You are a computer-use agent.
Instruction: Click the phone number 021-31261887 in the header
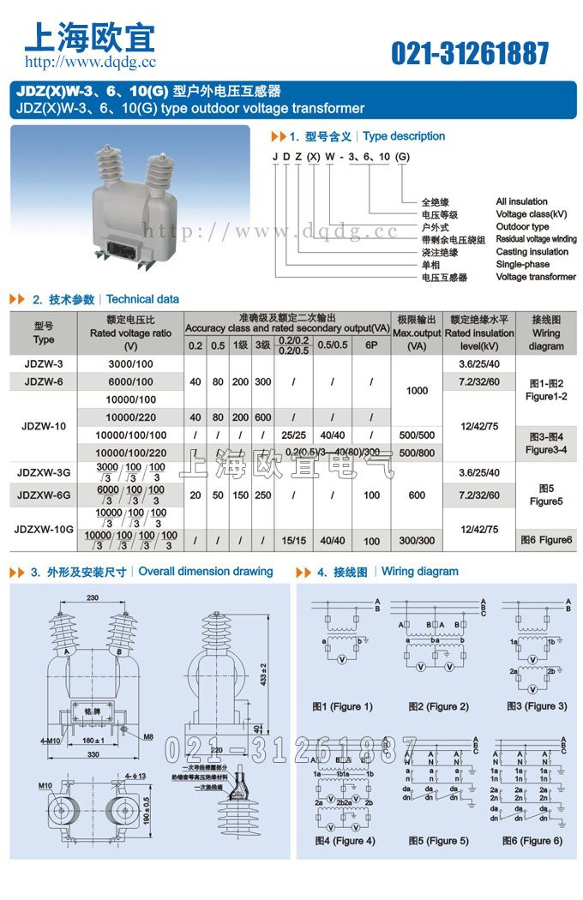click(x=470, y=53)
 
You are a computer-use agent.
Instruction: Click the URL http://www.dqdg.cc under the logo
click(x=90, y=62)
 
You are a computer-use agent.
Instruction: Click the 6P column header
click(x=370, y=345)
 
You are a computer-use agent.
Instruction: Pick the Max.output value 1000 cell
click(x=417, y=391)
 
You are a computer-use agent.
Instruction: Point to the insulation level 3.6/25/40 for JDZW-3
click(x=479, y=363)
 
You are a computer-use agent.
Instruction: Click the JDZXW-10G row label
click(x=44, y=530)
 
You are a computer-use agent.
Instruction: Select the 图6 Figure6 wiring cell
click(x=546, y=540)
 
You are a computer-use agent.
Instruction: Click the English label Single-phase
click(x=523, y=265)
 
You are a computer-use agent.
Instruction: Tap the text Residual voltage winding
click(x=536, y=240)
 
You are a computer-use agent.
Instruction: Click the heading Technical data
click(x=142, y=299)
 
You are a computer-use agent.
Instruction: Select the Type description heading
click(x=404, y=136)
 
